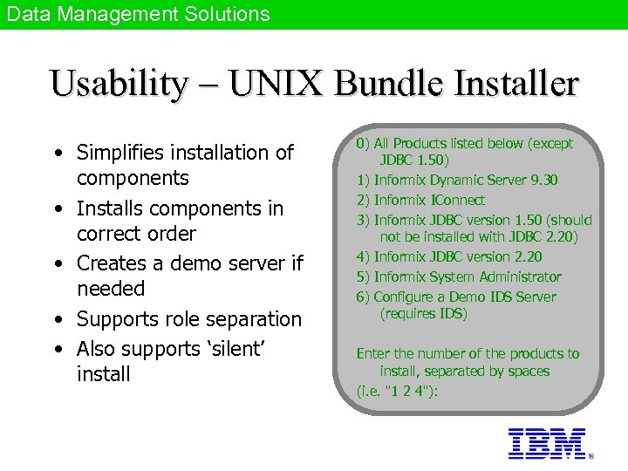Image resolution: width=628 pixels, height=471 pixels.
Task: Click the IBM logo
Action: coord(546,443)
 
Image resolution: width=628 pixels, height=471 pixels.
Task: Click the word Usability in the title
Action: coord(119,84)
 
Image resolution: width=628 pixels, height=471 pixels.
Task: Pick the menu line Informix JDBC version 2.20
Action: coord(458,256)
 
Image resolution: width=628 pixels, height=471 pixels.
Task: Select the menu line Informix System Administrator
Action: coord(468,276)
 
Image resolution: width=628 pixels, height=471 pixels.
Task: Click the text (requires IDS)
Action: coord(424,313)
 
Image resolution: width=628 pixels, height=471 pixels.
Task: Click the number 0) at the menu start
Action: coord(363,143)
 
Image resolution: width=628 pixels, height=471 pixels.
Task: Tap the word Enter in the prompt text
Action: coord(374,353)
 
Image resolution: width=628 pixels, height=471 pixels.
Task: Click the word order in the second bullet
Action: coord(171,234)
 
